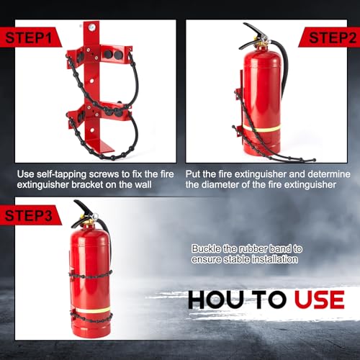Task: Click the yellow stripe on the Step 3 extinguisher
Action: (90, 310)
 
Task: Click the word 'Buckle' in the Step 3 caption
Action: (204, 248)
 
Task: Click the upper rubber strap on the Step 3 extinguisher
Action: (90, 274)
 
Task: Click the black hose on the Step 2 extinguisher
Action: (284, 86)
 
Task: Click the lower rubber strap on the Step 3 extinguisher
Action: (90, 318)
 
